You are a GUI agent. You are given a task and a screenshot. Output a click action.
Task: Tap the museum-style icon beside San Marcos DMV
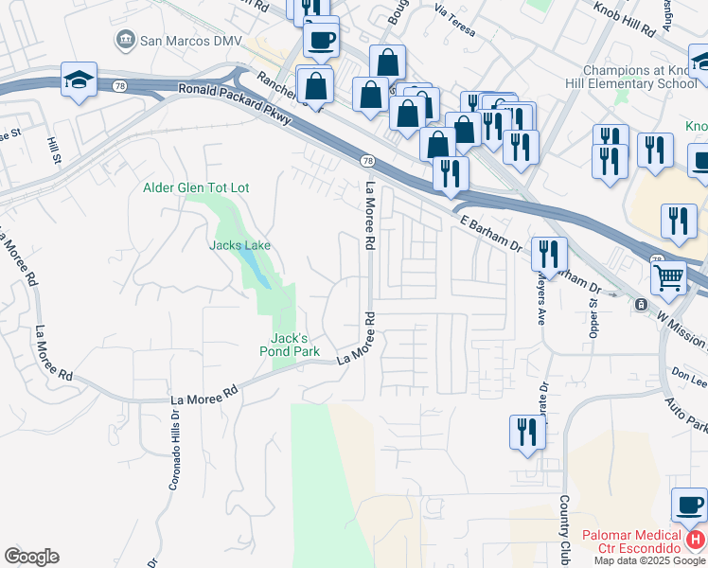pyautogui.click(x=124, y=40)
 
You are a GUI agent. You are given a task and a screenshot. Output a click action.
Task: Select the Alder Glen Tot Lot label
pyautogui.click(x=196, y=187)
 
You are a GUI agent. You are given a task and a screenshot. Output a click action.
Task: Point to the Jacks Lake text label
pyautogui.click(x=239, y=245)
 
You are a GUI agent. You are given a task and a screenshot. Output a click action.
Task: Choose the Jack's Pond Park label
pyautogui.click(x=289, y=344)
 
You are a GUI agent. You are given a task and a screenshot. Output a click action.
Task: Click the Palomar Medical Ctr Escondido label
pyautogui.click(x=631, y=549)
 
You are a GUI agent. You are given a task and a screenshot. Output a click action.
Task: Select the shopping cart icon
pyautogui.click(x=668, y=278)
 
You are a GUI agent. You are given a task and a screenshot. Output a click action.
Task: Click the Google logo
pyautogui.click(x=31, y=557)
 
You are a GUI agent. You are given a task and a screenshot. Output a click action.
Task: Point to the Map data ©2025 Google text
pyautogui.click(x=649, y=560)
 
